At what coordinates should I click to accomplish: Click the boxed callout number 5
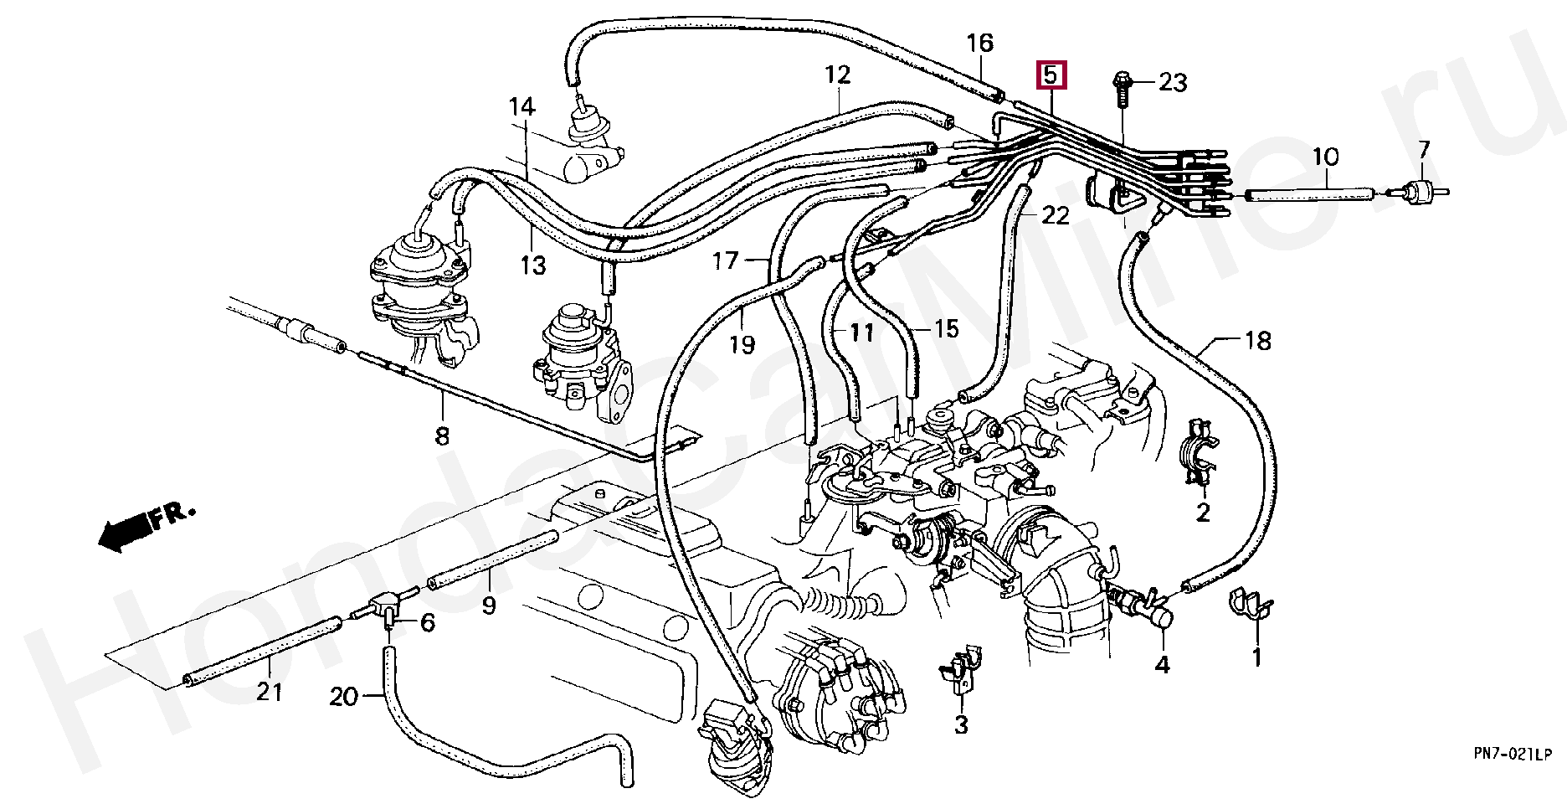[x=1051, y=75]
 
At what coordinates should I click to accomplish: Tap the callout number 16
[x=979, y=43]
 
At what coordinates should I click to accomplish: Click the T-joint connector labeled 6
[x=386, y=606]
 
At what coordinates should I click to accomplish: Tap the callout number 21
[x=269, y=693]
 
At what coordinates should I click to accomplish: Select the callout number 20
[x=343, y=696]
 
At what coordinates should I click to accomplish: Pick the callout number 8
[x=441, y=435]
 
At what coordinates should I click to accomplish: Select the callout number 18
[x=1257, y=341]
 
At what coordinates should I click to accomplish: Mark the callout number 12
[x=837, y=75]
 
